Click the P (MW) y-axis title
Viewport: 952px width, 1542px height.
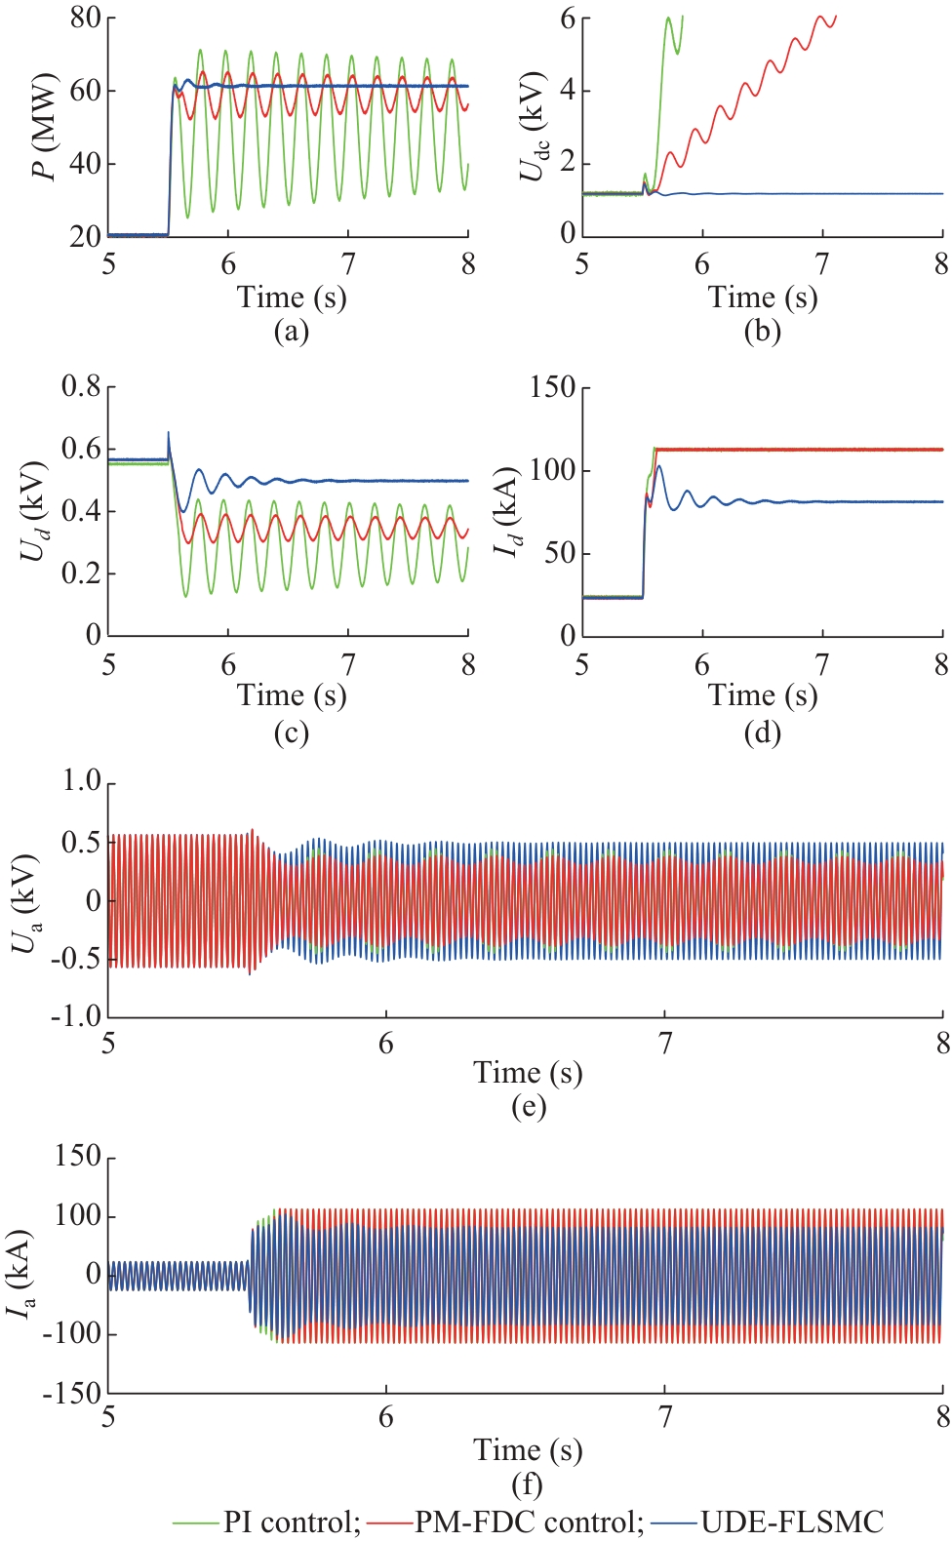43,126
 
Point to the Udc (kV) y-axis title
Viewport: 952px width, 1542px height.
533,126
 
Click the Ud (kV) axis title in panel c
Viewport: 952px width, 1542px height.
33,510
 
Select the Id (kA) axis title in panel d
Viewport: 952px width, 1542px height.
505,511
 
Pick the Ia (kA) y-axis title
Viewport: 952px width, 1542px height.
21,1274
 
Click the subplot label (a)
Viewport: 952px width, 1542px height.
291,332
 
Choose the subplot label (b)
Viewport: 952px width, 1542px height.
762,332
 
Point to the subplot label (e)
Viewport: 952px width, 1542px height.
528,1106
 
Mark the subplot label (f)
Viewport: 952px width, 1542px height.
527,1484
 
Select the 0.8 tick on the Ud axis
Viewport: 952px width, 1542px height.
81,386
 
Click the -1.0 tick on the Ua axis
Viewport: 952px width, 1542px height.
76,1016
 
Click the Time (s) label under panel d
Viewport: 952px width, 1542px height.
762,695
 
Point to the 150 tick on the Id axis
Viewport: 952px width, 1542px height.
551,387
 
